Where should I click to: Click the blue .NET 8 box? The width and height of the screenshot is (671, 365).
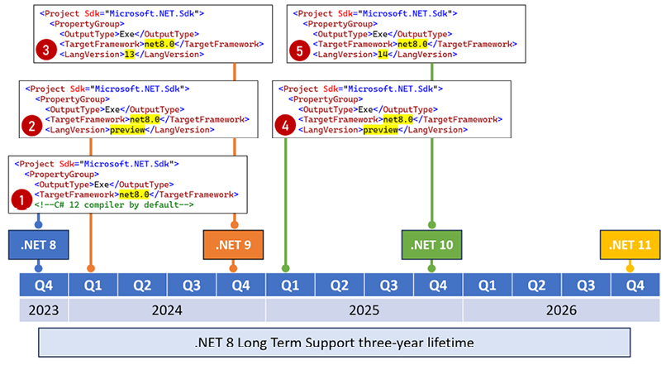click(x=37, y=245)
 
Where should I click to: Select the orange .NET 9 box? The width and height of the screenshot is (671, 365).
click(x=235, y=245)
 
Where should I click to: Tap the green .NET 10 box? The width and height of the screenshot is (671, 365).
click(x=431, y=245)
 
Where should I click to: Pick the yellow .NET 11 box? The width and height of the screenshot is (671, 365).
click(x=630, y=245)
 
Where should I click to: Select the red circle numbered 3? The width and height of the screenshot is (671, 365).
click(x=46, y=50)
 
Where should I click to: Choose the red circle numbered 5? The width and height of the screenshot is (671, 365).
click(x=301, y=50)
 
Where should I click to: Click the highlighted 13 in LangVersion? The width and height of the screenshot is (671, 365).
click(x=129, y=54)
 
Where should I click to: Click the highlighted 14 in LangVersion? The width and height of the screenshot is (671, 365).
click(x=383, y=54)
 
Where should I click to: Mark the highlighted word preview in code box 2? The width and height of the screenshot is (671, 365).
click(x=127, y=129)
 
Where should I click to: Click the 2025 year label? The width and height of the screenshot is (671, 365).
click(x=364, y=310)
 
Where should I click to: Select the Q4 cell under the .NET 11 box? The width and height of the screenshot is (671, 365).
click(x=635, y=286)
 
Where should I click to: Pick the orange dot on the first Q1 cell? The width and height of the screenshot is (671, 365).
click(x=91, y=268)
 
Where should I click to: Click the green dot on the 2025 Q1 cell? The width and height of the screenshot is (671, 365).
click(x=286, y=268)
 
